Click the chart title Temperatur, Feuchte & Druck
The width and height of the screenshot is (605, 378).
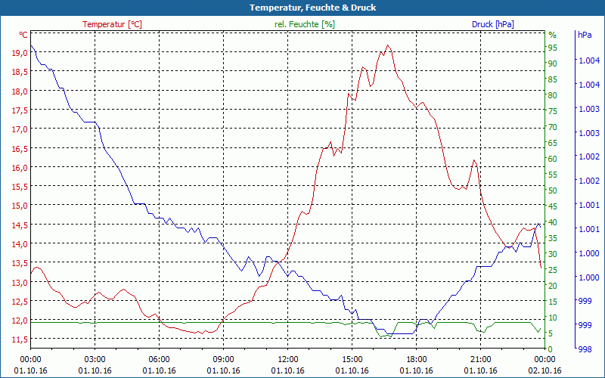(x=302, y=8)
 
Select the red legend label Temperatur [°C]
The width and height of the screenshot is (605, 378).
(x=112, y=24)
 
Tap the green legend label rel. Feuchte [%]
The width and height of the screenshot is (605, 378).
(x=304, y=24)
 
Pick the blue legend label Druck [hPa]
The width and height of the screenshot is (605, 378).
(x=492, y=24)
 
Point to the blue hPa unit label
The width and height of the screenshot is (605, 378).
(x=585, y=35)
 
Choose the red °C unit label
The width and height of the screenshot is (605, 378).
(x=23, y=35)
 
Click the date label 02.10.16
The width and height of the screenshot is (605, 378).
(x=544, y=370)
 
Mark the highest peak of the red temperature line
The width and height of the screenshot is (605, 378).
(x=388, y=45)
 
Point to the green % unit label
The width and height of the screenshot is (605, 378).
(x=552, y=35)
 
